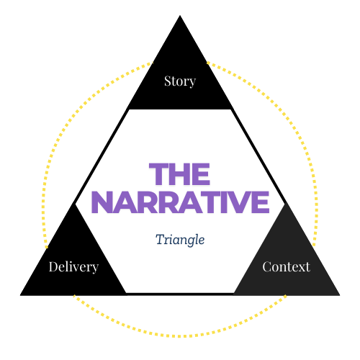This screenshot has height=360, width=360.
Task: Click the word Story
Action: [179, 81]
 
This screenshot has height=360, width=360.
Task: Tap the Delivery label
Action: [73, 267]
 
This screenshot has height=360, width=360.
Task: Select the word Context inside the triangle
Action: [286, 267]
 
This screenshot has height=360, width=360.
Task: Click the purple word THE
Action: [179, 175]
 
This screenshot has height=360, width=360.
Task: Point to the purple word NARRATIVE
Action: [179, 202]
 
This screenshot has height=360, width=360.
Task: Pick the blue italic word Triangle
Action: [180, 239]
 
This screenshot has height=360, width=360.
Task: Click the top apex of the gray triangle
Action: [287, 203]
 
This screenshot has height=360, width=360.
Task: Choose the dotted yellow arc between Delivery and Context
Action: [180, 336]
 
